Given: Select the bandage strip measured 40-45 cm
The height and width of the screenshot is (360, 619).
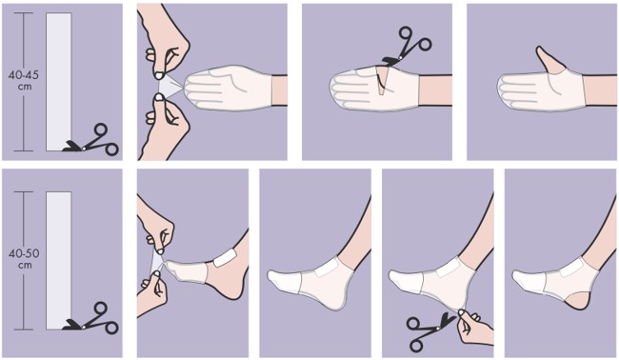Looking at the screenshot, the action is (59, 82).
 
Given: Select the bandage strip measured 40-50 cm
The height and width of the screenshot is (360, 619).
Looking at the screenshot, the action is (59, 261).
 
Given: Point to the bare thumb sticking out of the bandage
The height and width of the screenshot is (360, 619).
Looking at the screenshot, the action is (550, 60).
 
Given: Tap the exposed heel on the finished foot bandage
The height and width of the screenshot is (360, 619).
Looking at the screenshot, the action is (576, 301).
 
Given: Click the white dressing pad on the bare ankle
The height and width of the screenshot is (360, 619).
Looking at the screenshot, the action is (225, 257).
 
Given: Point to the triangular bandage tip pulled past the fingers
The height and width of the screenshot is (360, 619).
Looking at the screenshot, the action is (170, 88).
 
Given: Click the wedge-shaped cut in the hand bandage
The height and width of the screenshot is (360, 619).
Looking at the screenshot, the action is (381, 81).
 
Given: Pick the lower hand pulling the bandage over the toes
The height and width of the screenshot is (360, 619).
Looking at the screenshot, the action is (152, 290).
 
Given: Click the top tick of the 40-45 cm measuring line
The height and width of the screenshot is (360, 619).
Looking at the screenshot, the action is (23, 12).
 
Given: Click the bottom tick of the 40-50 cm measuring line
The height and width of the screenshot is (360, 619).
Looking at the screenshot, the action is (23, 330).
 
